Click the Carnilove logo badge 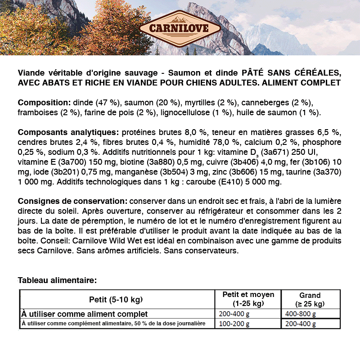coord(180,27)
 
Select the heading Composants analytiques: coord(68,133)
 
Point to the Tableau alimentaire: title coord(57,280)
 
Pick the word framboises coord(38,112)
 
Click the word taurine coord(300,172)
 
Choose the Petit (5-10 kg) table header coord(116,299)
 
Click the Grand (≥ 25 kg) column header coord(310,300)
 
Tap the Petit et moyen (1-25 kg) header coord(248,299)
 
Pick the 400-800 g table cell coord(301,314)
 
